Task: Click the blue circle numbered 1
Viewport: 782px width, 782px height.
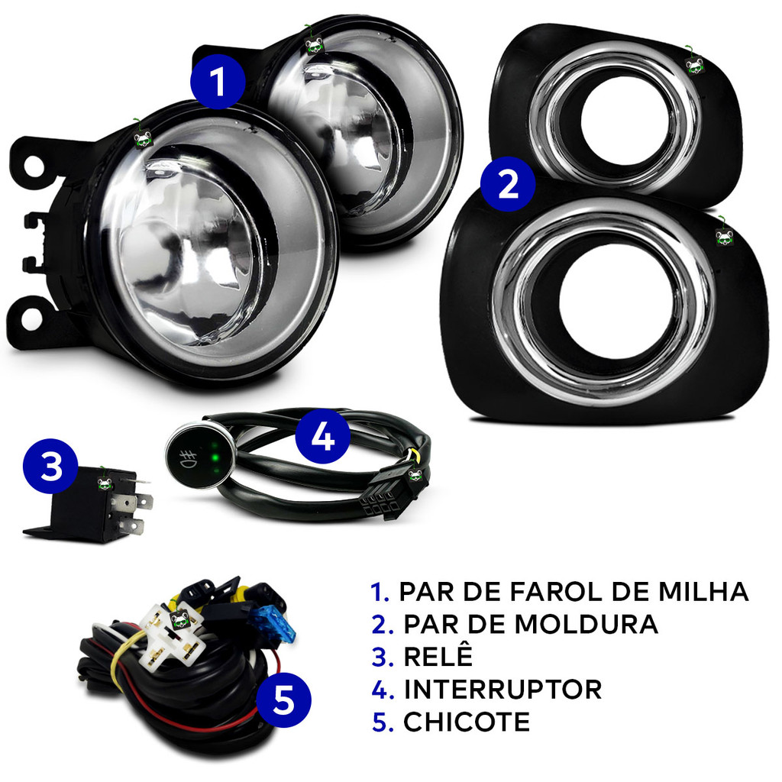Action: click(x=218, y=82)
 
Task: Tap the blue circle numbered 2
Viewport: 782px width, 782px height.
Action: click(x=508, y=184)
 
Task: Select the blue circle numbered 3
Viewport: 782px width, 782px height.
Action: click(x=50, y=467)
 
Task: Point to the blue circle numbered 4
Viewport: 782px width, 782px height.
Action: click(x=323, y=436)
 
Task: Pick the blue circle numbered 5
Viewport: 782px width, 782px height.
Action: click(x=284, y=700)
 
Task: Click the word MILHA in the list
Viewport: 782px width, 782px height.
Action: click(x=703, y=592)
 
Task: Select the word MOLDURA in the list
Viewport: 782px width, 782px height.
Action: click(x=586, y=624)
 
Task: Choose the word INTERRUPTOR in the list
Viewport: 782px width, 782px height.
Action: click(x=502, y=690)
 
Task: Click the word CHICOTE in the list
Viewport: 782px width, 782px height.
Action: click(x=467, y=722)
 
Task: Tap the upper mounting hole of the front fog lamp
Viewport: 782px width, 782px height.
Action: click(x=33, y=165)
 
